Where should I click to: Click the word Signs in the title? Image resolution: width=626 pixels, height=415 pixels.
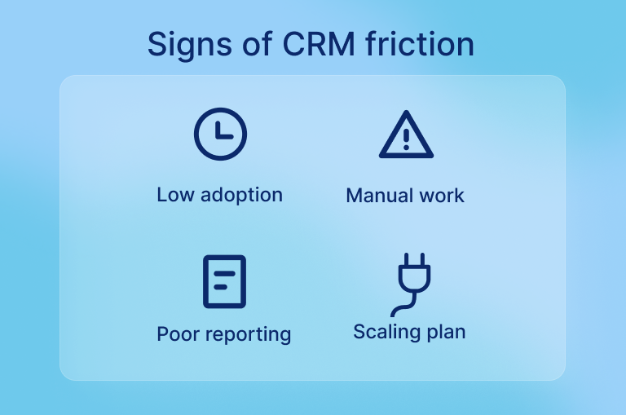(190, 45)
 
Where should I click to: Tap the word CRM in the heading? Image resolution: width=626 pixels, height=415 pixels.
(319, 43)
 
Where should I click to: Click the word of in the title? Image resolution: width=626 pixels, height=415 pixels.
(258, 43)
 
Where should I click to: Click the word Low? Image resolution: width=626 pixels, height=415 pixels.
(176, 195)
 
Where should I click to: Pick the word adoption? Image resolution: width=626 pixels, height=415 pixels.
(241, 196)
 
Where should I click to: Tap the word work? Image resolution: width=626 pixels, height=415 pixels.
(441, 196)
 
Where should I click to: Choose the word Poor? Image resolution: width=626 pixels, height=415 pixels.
(179, 334)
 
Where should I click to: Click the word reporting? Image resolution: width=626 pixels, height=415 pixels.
(249, 335)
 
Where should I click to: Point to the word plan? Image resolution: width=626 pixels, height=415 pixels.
(446, 333)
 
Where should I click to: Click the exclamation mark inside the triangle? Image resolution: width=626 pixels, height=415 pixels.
(407, 139)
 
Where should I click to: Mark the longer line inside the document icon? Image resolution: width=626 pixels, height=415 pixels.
(224, 274)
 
